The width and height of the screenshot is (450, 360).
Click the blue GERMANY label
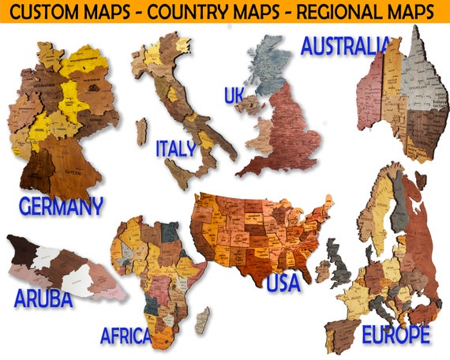tap(61, 207)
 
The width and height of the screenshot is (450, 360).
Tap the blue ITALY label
tap(175, 148)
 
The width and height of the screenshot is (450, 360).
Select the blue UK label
tap(234, 96)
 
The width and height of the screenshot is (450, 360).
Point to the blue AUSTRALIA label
tap(345, 46)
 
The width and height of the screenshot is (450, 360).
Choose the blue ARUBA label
tap(43, 299)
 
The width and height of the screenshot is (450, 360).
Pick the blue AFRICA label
tap(126, 336)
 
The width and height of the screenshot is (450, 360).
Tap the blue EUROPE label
tap(396, 335)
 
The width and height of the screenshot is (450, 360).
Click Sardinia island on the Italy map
tap(141, 130)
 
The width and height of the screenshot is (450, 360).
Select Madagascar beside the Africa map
tap(202, 320)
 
